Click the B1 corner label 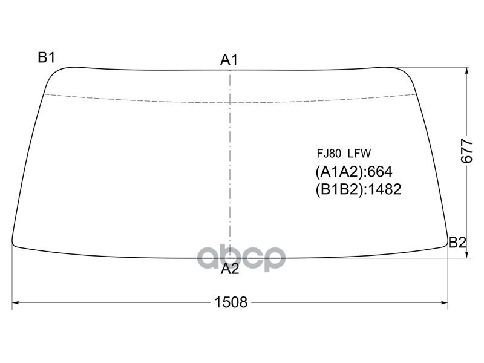coord(47,57)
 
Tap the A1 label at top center coord(229,60)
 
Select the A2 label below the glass coord(229,270)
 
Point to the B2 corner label coord(457,243)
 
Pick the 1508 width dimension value coord(231,302)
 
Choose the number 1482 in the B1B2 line coord(384,190)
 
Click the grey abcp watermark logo coord(241,258)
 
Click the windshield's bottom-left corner coord(15,243)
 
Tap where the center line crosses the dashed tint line coord(229,102)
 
